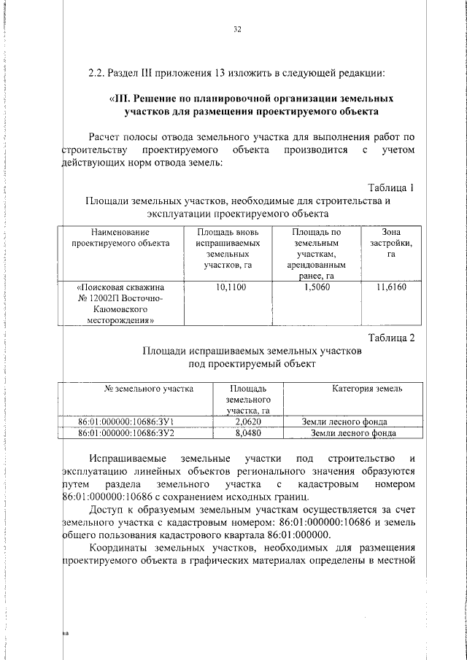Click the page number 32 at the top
point(236,30)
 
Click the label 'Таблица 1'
point(391,187)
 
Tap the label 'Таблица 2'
point(391,337)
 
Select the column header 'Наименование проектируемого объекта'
point(120,238)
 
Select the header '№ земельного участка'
point(149,389)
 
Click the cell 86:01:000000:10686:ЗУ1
point(125,422)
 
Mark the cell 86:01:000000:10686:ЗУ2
point(125,433)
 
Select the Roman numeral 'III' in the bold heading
point(121,98)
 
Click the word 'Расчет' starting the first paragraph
point(106,136)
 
